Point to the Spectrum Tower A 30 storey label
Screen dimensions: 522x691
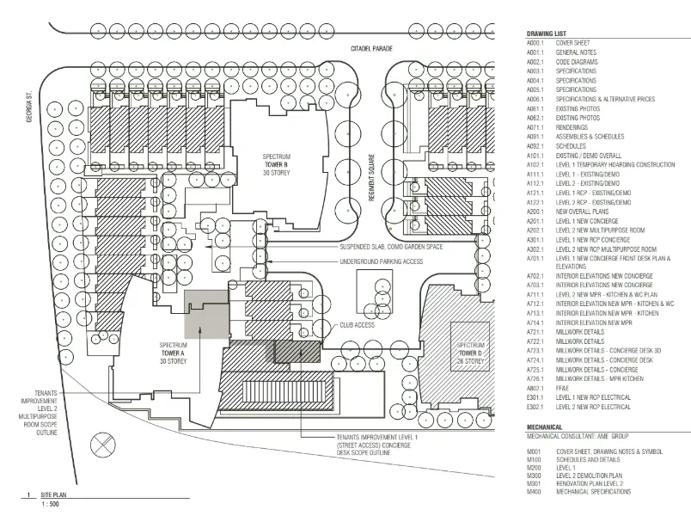pos(173,353)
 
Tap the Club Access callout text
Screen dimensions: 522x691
pos(357,326)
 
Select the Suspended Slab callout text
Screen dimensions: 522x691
pos(388,246)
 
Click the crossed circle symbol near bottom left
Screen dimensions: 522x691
pos(103,447)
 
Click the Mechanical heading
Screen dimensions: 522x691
pos(545,427)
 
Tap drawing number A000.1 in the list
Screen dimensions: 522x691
pos(536,42)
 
